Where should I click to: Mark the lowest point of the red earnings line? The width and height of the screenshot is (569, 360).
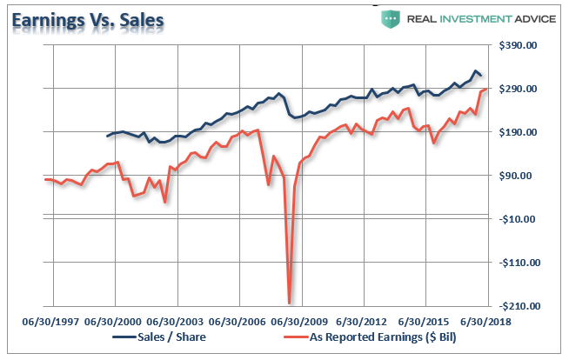click(289, 303)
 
